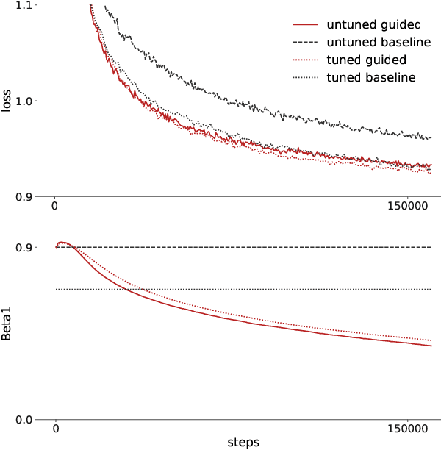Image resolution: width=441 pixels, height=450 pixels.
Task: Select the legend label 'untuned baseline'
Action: point(379,42)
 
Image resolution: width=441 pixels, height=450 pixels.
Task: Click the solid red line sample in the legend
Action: point(301,25)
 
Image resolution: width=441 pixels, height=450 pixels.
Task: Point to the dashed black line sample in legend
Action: point(301,43)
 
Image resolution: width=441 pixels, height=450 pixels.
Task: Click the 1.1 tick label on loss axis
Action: point(23,6)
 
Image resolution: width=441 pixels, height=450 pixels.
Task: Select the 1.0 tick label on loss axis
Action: point(23,101)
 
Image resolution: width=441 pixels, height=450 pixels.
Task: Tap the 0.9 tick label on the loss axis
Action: point(23,196)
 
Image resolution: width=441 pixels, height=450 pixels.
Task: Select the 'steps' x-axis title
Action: point(243,442)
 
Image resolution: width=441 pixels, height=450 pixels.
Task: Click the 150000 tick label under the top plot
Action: point(408,207)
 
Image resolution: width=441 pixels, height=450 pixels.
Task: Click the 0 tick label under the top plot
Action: point(56,207)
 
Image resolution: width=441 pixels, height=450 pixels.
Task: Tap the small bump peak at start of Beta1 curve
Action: point(62,242)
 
